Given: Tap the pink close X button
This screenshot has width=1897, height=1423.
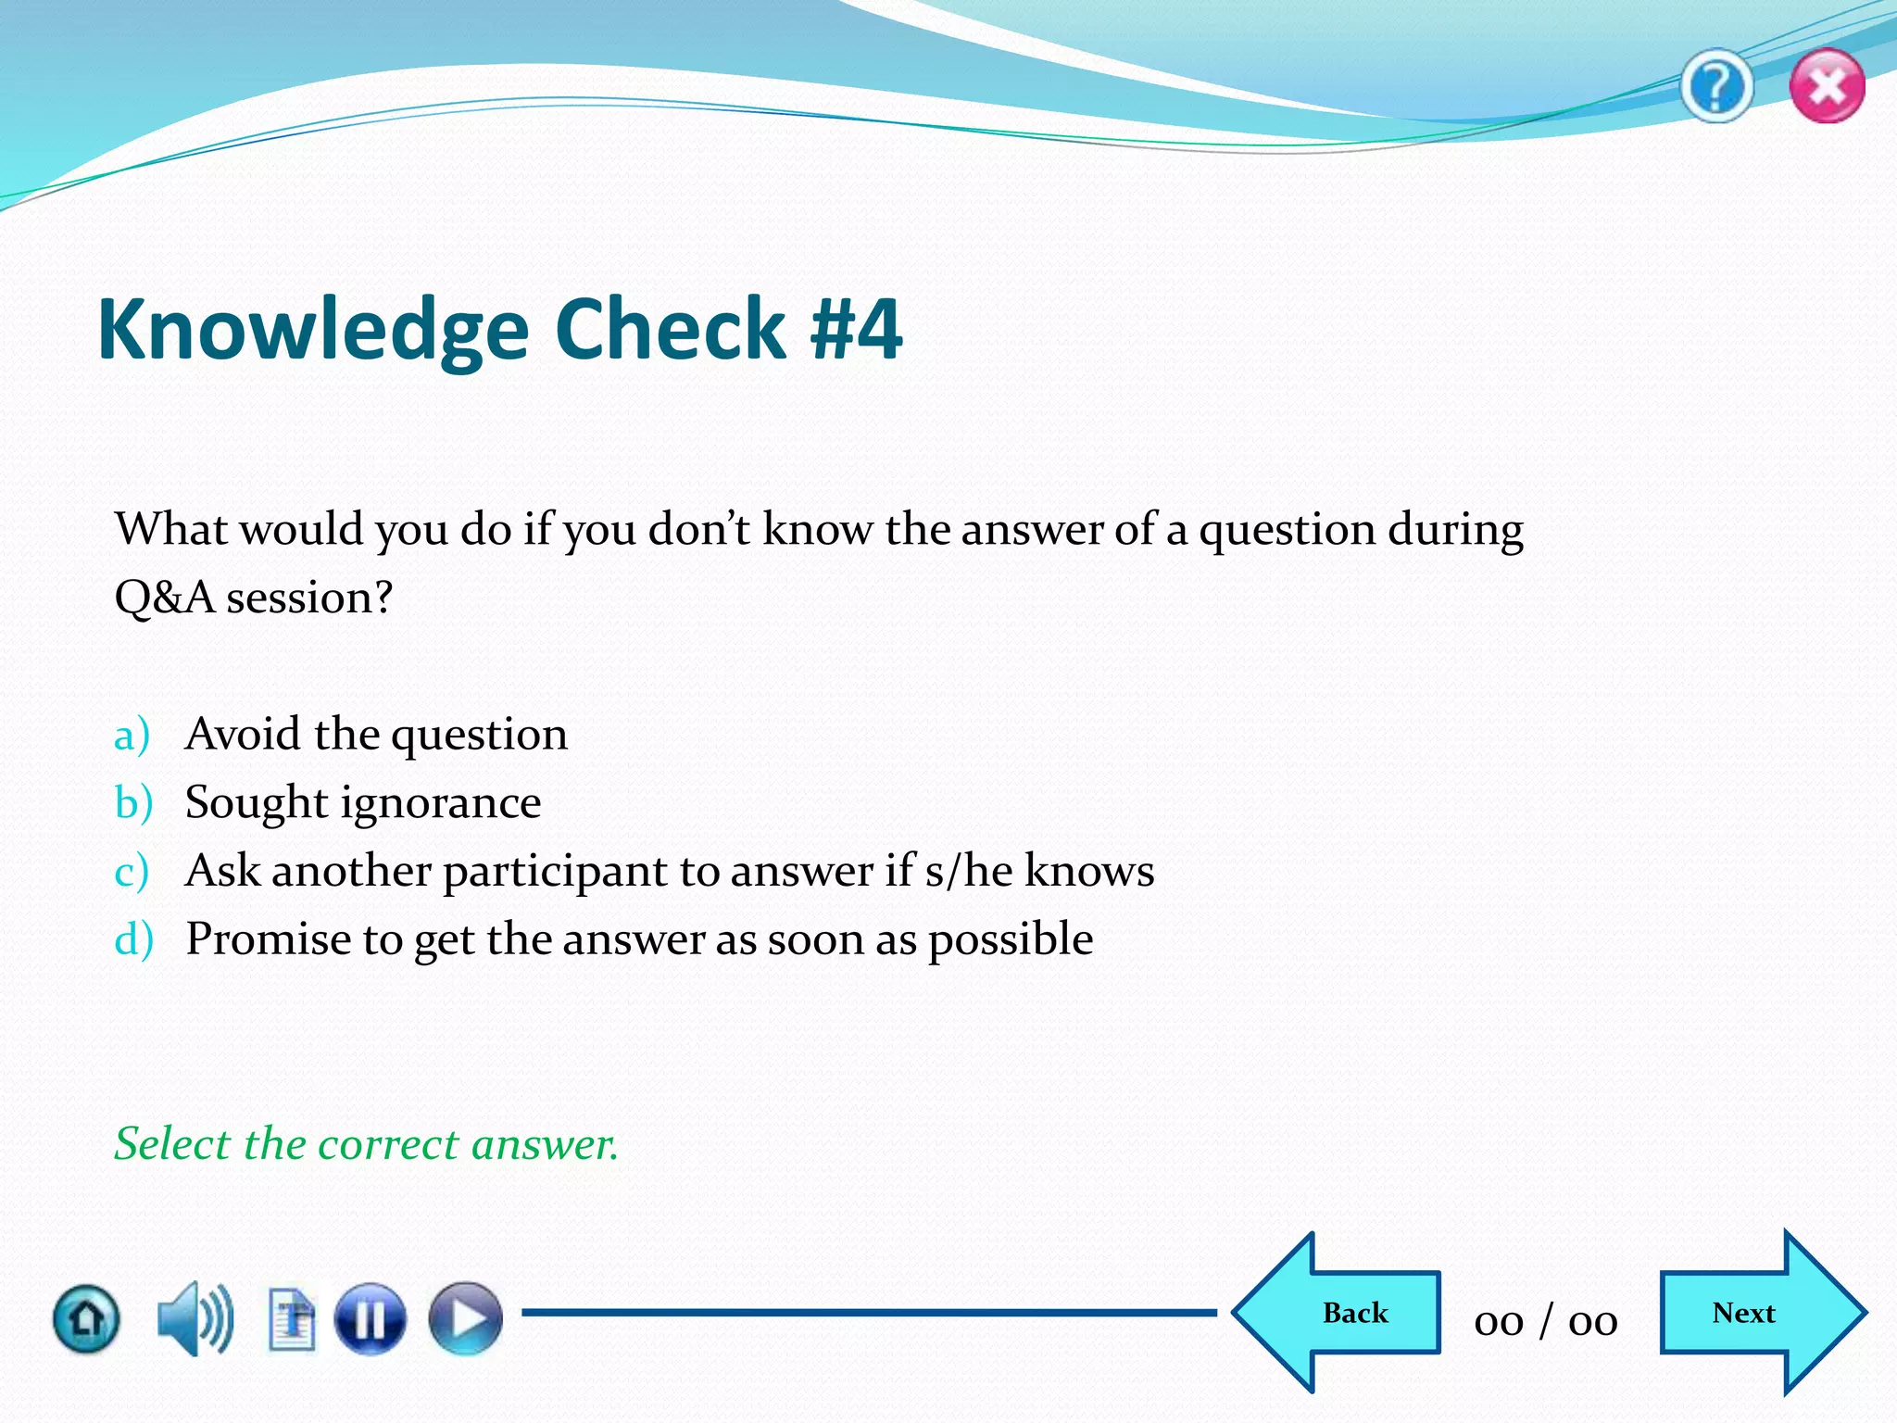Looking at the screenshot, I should pos(1827,87).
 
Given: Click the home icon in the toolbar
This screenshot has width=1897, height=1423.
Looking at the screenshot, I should pos(86,1317).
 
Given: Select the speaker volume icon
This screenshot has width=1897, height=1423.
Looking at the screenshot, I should pos(195,1317).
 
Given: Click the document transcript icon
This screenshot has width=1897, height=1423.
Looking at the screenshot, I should pos(292,1317).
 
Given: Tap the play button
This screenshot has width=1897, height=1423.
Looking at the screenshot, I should pos(465,1317).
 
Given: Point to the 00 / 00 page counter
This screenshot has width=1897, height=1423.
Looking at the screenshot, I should pos(1546,1320).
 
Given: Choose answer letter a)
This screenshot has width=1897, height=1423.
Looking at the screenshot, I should pos(132,736).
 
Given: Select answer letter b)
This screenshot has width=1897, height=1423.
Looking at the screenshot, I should pos(132,802).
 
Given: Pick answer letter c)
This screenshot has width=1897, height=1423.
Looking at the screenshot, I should pos(131,872).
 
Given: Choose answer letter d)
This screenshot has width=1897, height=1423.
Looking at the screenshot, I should pos(133,938).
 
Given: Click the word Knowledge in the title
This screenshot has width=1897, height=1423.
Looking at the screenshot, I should pos(313,330).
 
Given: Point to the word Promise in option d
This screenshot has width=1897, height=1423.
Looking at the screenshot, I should pos(269,938).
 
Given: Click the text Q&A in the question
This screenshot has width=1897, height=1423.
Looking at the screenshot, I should pos(164,598).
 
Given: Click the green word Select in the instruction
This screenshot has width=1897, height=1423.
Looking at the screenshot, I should pos(171,1143).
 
